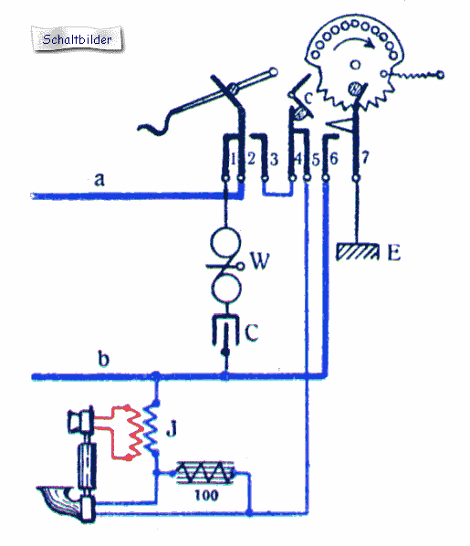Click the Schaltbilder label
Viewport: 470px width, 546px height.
tap(77, 39)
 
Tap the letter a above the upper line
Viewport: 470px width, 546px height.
tap(99, 180)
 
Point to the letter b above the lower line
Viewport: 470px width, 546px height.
tap(104, 358)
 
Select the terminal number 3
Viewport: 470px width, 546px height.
tap(275, 160)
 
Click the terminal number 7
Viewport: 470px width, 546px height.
tap(364, 158)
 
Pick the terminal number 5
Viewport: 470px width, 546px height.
tap(316, 160)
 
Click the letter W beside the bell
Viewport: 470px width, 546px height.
tap(260, 260)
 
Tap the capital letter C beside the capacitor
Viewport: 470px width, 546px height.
tap(251, 332)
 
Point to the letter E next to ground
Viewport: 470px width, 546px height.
tap(394, 252)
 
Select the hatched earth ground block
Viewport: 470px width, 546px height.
tap(357, 252)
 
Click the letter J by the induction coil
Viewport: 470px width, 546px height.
tap(172, 428)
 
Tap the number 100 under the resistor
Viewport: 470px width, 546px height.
tap(206, 495)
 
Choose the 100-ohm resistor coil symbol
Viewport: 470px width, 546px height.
tap(205, 473)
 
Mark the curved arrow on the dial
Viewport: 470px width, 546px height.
tap(354, 41)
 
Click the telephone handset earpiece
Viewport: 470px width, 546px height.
tap(81, 419)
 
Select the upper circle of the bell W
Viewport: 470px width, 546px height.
tap(225, 242)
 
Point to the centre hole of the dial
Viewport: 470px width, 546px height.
tap(355, 65)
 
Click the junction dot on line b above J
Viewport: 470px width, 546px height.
tap(156, 376)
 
